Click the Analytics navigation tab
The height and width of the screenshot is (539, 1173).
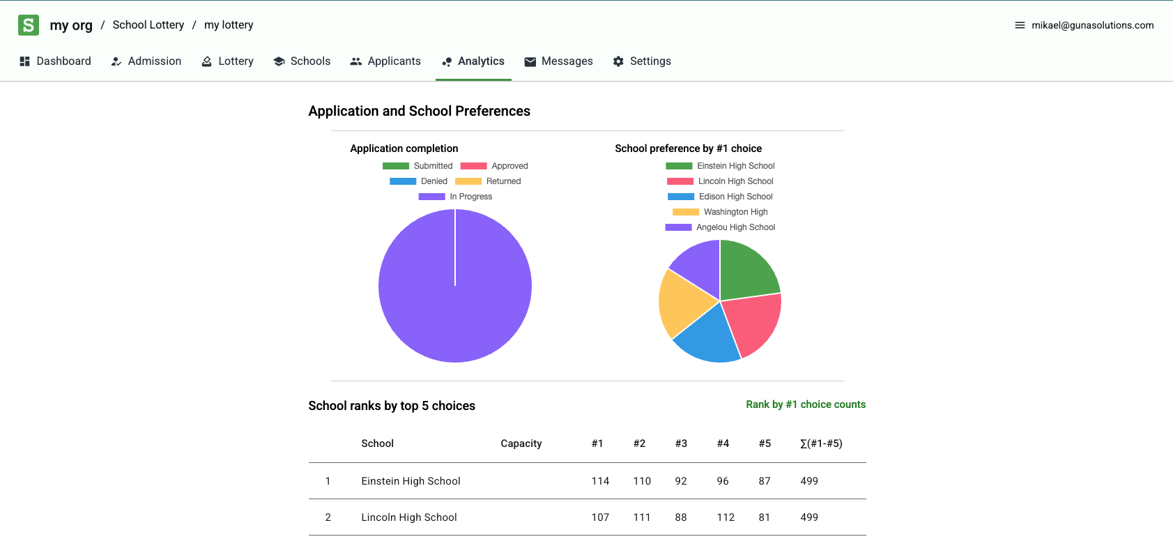pos(473,61)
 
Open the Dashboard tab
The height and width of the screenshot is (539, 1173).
pos(55,61)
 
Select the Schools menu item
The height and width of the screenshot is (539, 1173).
pos(302,61)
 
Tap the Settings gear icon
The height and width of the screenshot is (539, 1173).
pos(618,61)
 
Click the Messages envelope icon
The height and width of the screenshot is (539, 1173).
pos(530,62)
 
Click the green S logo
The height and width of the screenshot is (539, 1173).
pos(29,25)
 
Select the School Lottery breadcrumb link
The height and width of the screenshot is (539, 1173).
pos(148,25)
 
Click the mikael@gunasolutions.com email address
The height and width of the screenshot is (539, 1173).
pos(1092,25)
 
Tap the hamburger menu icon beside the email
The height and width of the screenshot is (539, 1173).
pos(1020,25)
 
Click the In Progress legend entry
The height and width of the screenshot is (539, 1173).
pos(456,197)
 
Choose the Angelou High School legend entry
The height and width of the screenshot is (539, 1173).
pos(721,227)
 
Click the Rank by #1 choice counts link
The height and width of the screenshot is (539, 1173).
pos(806,404)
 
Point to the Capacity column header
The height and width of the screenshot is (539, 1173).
pos(521,443)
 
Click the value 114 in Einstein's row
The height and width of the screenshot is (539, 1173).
pos(600,481)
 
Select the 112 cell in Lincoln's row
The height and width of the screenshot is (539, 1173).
pos(726,517)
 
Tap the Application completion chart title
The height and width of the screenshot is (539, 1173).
pos(404,149)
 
